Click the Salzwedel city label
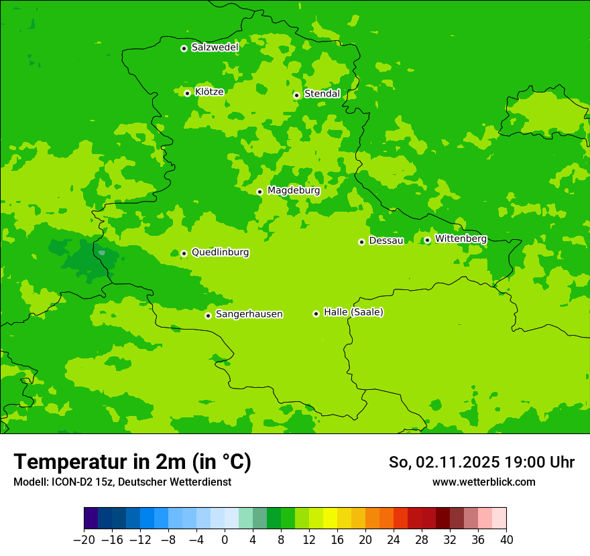tap(215, 48)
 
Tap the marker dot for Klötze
tap(188, 93)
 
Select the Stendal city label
tap(322, 94)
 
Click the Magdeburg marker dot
tap(259, 192)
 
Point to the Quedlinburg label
tap(220, 253)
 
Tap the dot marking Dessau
tap(361, 242)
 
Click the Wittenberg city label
tap(461, 239)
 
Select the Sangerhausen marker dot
tap(208, 316)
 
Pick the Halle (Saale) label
tap(353, 313)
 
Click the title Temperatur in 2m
tap(132, 462)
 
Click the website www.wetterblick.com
tap(483, 482)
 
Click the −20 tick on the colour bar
tap(84, 540)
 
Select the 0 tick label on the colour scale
tap(225, 540)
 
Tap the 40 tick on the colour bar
tap(506, 540)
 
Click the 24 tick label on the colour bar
tap(394, 540)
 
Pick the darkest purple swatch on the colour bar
tap(91, 518)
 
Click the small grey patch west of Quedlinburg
tap(101, 253)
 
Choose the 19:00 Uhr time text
tap(538, 462)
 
